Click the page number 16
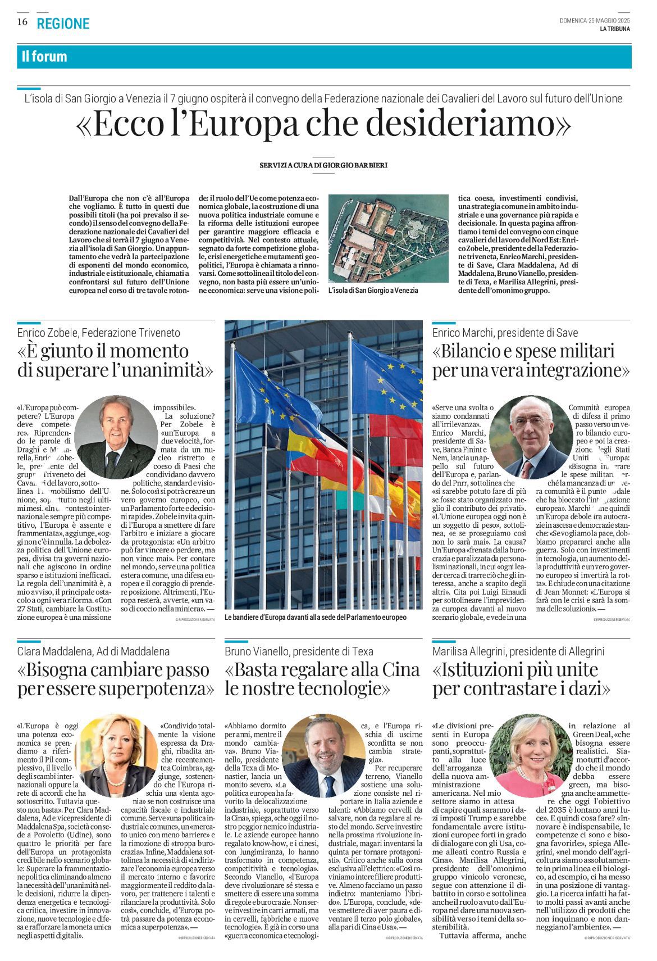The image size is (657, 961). click(22, 22)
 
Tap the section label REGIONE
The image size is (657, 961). click(63, 24)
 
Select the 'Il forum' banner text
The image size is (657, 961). click(44, 57)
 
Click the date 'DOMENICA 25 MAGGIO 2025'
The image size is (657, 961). click(594, 21)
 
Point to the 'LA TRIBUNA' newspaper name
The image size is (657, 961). click(614, 29)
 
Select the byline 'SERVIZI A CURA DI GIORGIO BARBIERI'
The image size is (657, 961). click(323, 165)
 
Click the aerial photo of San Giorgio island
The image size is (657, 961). click(388, 239)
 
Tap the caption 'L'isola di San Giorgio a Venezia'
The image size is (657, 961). click(373, 291)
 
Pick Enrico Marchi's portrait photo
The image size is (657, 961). click(530, 437)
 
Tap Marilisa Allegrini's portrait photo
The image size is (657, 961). click(530, 755)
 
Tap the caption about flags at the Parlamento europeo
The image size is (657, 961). click(315, 617)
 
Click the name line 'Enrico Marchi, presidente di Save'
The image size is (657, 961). click(505, 333)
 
